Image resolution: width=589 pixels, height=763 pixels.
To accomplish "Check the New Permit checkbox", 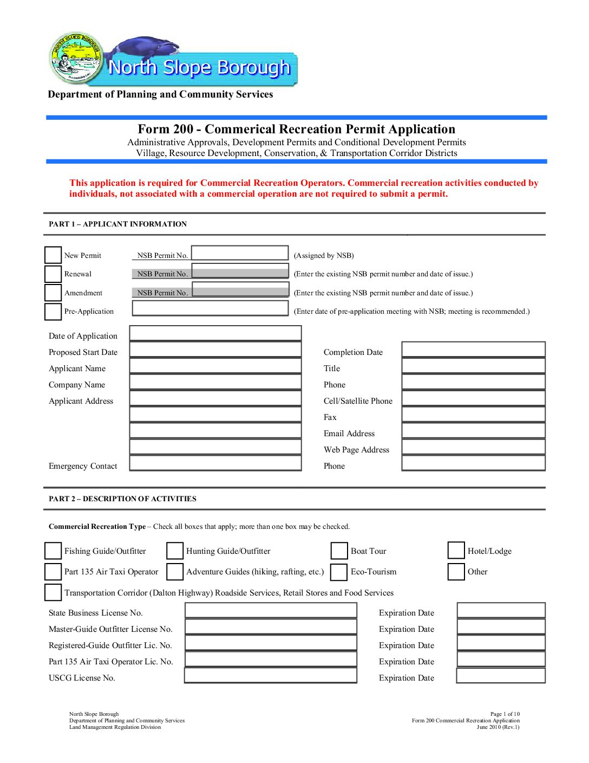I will [x=53, y=255].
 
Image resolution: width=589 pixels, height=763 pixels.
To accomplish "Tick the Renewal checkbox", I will [x=53, y=274].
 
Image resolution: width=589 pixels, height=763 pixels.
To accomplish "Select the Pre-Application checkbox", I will [x=53, y=312].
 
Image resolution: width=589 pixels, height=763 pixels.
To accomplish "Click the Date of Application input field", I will [x=215, y=333].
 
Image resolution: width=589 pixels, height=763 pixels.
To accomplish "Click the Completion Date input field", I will [x=473, y=350].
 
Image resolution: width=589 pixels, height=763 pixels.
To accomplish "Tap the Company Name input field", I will [x=215, y=382].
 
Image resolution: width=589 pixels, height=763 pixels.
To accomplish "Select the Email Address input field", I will [x=473, y=431].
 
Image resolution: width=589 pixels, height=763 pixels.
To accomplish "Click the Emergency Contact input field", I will [x=215, y=463].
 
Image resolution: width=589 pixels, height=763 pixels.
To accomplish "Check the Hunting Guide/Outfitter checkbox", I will [x=175, y=551].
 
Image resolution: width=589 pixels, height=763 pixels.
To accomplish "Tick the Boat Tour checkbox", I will [x=339, y=551].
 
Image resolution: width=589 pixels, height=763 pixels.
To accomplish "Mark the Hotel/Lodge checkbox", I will [x=456, y=551].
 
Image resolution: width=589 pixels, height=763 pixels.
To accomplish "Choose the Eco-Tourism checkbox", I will [x=339, y=572].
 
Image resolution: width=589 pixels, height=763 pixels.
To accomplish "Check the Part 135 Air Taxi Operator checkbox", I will [x=53, y=572].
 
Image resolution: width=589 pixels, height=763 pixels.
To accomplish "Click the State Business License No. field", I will [x=271, y=611].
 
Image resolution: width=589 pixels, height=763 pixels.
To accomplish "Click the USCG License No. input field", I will [x=271, y=676].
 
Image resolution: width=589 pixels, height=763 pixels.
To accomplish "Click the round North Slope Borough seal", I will [x=76, y=57].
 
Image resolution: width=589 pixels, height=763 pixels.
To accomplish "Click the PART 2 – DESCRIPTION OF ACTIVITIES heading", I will [x=122, y=499].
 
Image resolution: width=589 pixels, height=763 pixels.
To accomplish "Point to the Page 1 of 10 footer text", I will [x=505, y=714].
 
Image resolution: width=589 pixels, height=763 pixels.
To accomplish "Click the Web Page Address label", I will [x=356, y=450].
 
